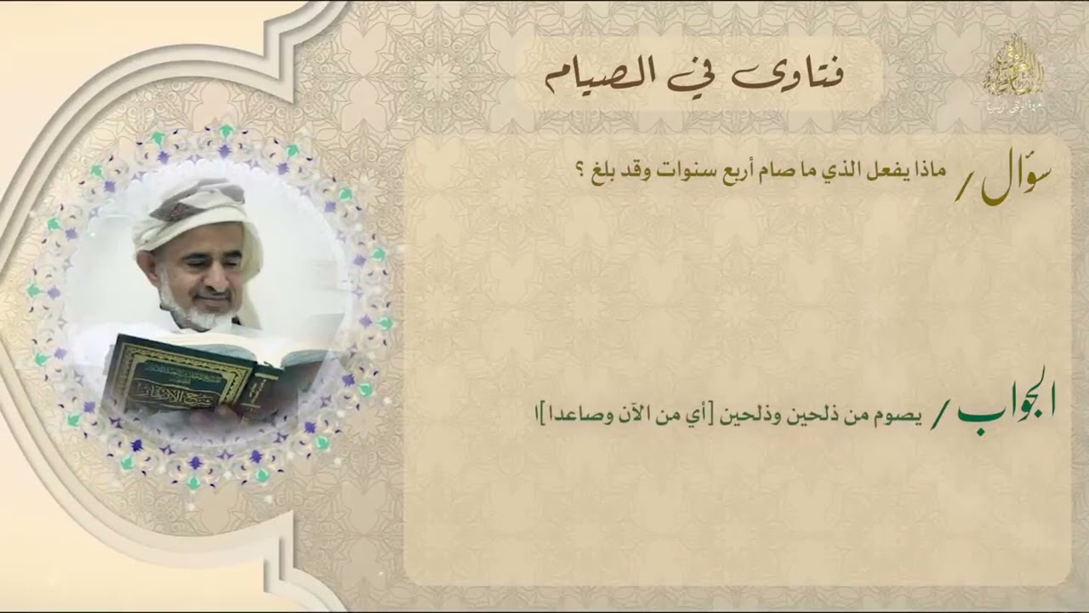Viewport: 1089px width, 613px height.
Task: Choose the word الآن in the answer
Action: (623, 417)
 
